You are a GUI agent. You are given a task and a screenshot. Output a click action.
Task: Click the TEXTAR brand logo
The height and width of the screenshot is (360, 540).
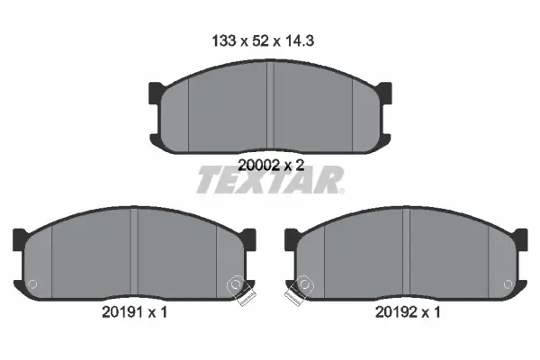[269, 180]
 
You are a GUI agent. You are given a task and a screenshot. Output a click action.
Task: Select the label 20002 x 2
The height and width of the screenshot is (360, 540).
[269, 164]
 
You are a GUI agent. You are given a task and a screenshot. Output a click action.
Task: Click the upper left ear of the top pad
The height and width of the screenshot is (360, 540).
[154, 90]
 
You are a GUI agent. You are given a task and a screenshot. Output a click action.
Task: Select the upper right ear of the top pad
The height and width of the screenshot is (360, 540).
[385, 90]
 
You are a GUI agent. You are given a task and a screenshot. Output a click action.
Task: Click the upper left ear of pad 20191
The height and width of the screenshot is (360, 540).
[19, 238]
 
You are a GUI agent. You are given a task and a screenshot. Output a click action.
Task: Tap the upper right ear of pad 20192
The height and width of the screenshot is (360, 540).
[520, 238]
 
